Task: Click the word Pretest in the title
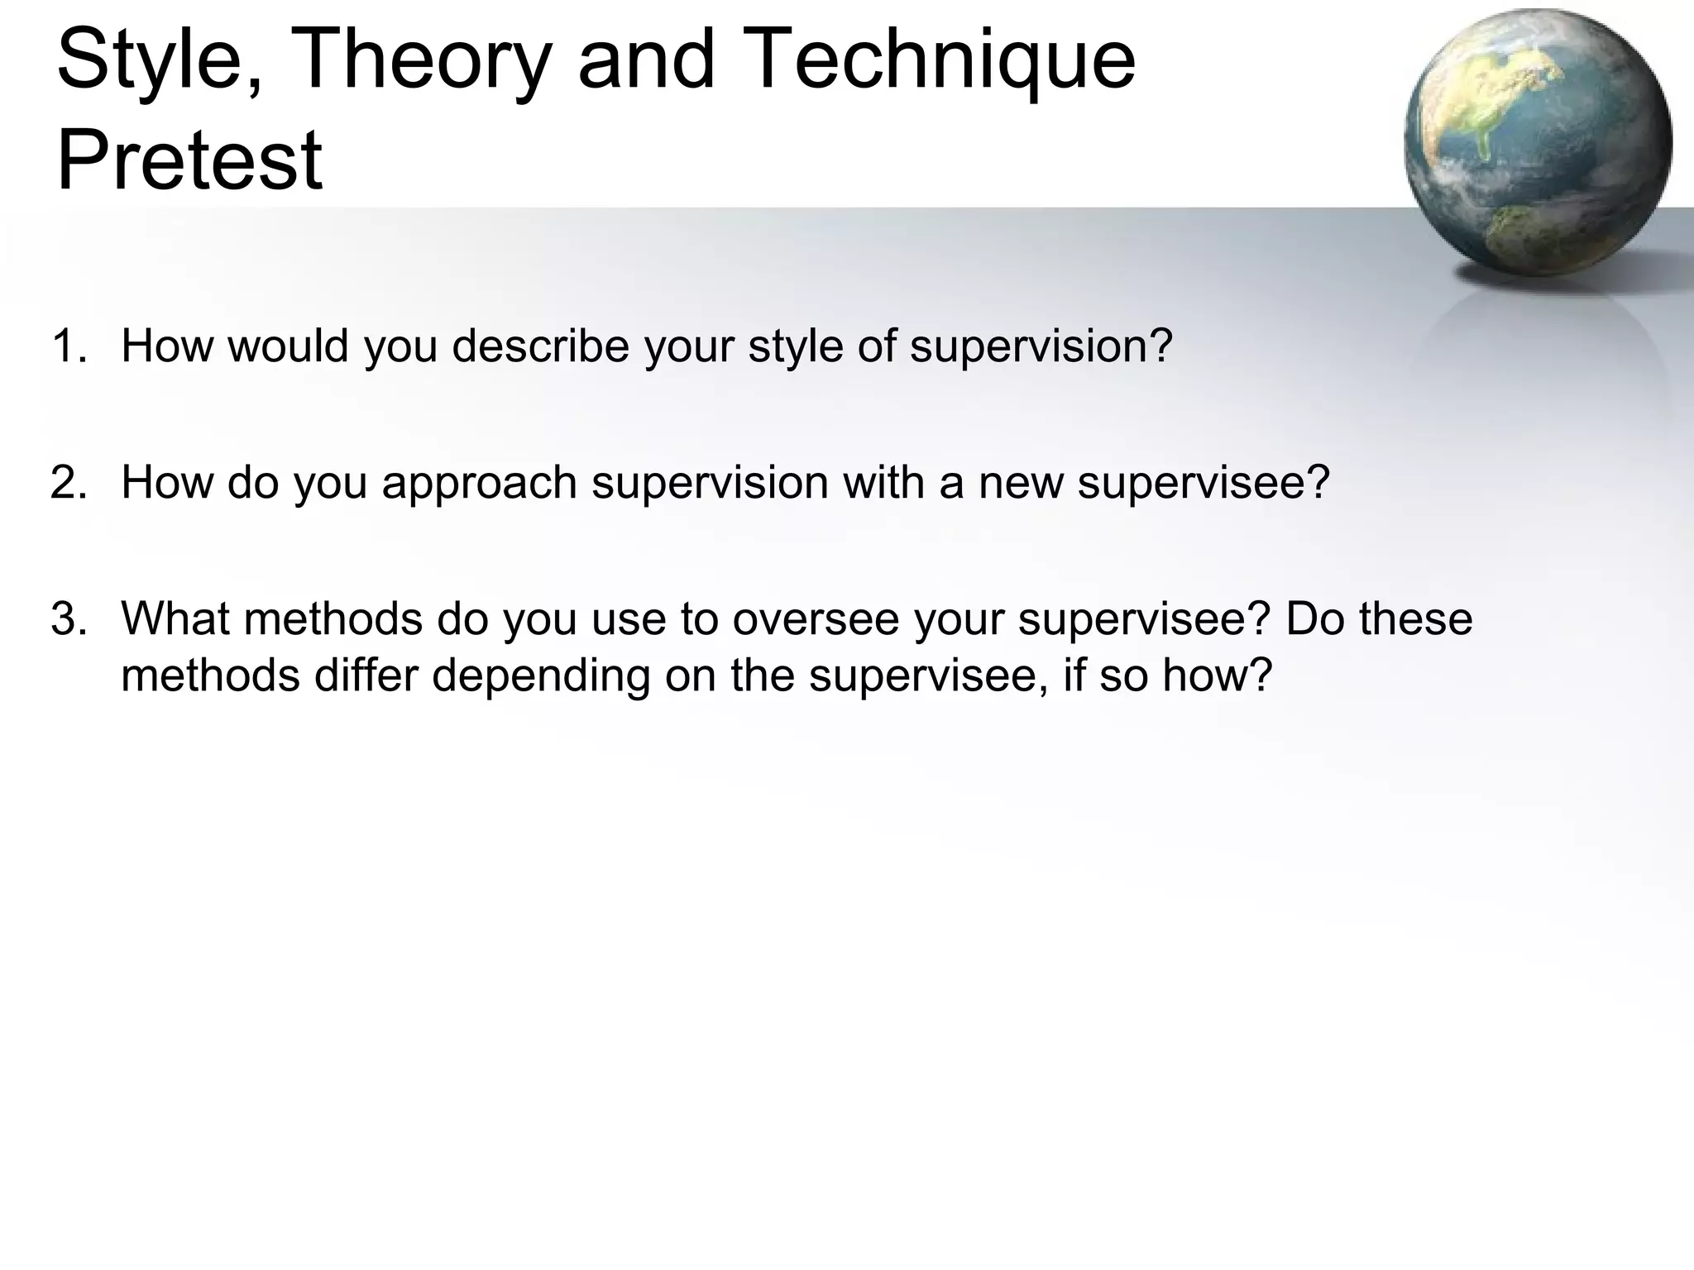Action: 189,160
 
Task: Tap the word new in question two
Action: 1022,482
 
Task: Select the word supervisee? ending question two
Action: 1204,484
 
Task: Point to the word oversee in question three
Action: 815,618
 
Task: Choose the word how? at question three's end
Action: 1217,675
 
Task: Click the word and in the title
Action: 645,60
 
